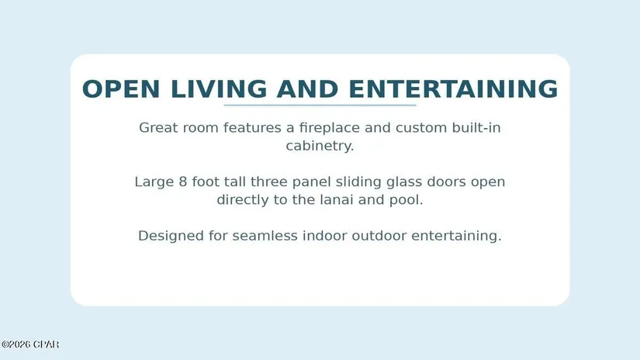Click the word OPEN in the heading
click(121, 89)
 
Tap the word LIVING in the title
click(219, 89)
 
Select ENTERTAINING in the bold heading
click(454, 89)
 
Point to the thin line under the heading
click(320, 106)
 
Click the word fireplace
click(330, 128)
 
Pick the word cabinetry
click(320, 146)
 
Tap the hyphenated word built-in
click(476, 128)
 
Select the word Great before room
click(159, 128)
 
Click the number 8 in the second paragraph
click(183, 182)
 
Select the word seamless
click(265, 236)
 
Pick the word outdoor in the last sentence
click(379, 236)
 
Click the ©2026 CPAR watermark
click(30, 344)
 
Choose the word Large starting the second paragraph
click(154, 182)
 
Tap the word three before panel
click(269, 182)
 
